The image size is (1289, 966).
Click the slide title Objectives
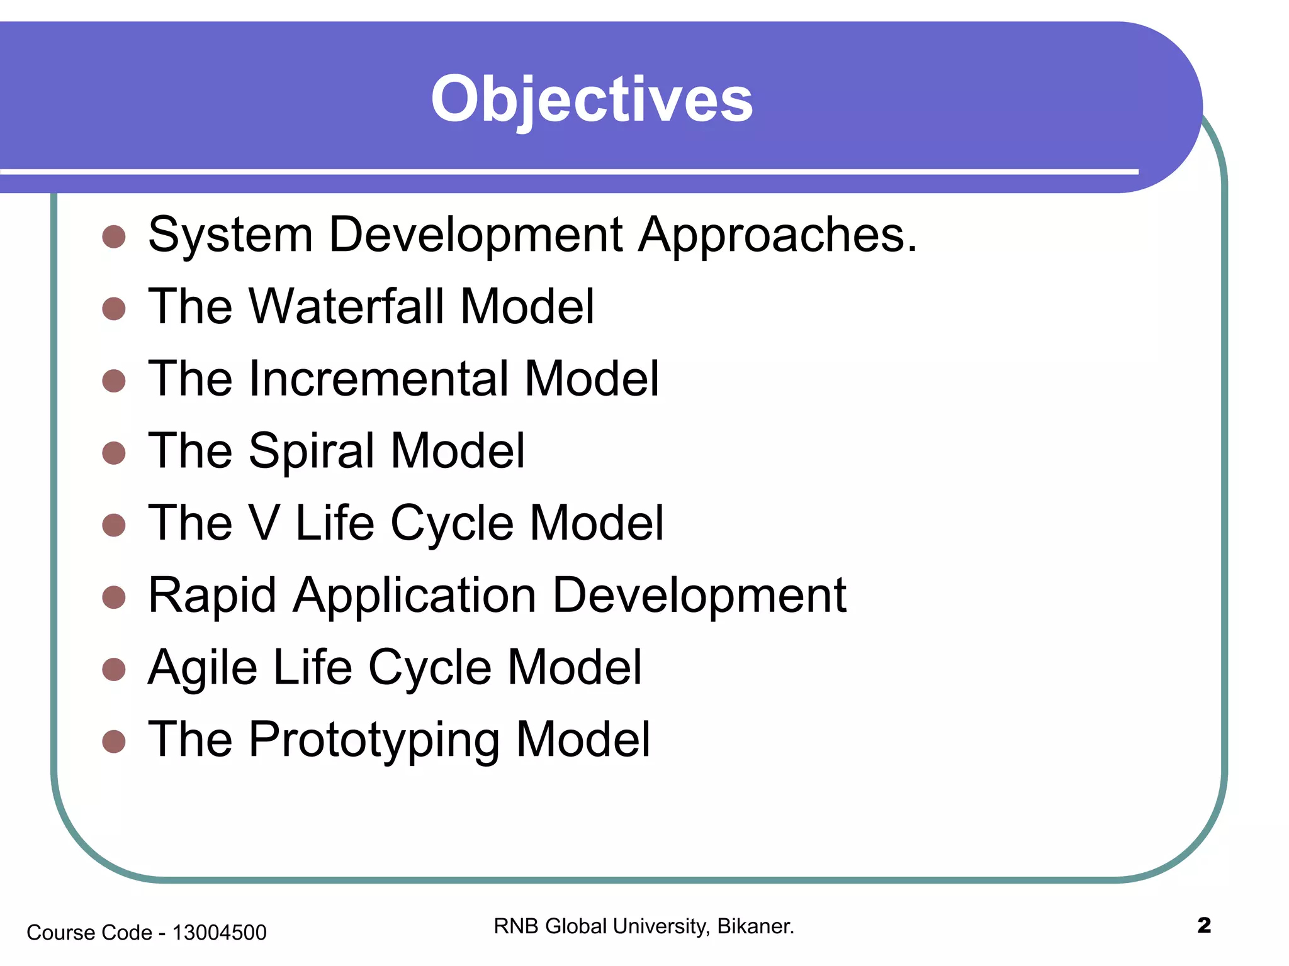[592, 99]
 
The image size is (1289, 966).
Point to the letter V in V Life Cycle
[264, 523]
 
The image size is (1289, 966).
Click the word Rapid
[212, 596]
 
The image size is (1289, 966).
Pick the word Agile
[203, 668]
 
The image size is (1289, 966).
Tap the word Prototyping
[374, 740]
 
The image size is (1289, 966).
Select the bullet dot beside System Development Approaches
[114, 236]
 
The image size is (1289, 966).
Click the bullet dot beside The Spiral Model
[114, 453]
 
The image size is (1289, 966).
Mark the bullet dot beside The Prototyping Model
[114, 741]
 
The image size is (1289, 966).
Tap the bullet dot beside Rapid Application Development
[114, 597]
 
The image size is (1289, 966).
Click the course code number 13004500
[219, 933]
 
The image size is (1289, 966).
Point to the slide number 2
[1203, 925]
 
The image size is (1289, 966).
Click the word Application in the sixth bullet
[414, 596]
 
